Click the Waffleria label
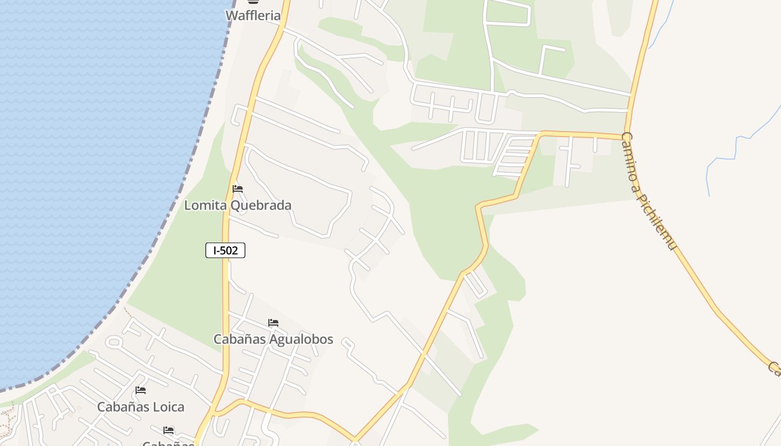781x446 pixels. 253,16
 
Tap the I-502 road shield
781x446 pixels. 225,251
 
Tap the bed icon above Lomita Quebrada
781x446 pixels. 238,189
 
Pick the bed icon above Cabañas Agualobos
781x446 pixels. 273,323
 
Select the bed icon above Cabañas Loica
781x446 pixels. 141,390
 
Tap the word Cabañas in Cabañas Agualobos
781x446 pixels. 239,340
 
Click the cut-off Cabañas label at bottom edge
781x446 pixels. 167,443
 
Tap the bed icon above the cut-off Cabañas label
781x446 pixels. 168,430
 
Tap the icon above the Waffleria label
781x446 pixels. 253,2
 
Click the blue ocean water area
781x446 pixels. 84,167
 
